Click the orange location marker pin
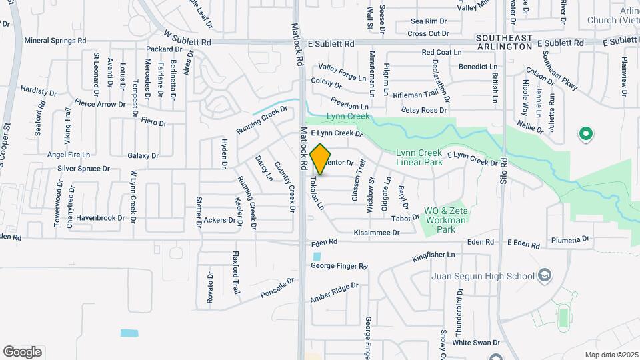pyautogui.click(x=320, y=159)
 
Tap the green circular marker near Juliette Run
pyautogui.click(x=586, y=134)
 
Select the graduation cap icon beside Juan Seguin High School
pyautogui.click(x=545, y=275)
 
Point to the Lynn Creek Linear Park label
pyautogui.click(x=419, y=157)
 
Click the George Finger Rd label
pyautogui.click(x=339, y=266)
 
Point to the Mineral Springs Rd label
pyautogui.click(x=55, y=40)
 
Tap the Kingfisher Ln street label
pyautogui.click(x=433, y=255)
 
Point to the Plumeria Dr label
pyautogui.click(x=571, y=239)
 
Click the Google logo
pyautogui.click(x=22, y=352)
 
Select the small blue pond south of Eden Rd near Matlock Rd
pyautogui.click(x=316, y=256)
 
